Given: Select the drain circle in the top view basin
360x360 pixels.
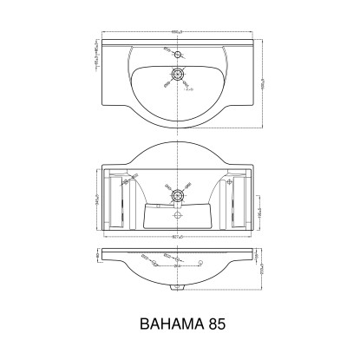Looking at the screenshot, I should coord(179,75).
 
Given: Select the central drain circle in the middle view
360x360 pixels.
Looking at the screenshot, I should coord(179,193).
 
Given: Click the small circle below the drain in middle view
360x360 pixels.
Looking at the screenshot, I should coord(179,214).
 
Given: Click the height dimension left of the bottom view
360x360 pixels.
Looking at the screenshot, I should coord(96,261).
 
